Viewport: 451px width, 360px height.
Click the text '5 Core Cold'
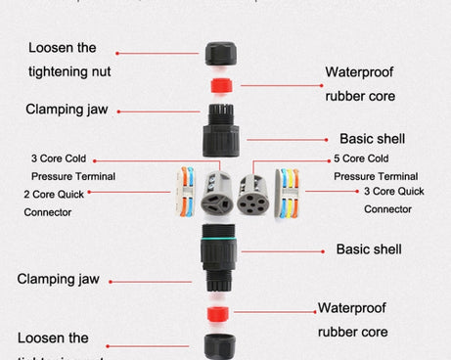(363, 158)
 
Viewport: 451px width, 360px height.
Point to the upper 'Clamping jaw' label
(68, 110)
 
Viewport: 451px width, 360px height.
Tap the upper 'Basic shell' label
(372, 139)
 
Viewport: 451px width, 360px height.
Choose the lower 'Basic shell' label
(369, 249)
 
